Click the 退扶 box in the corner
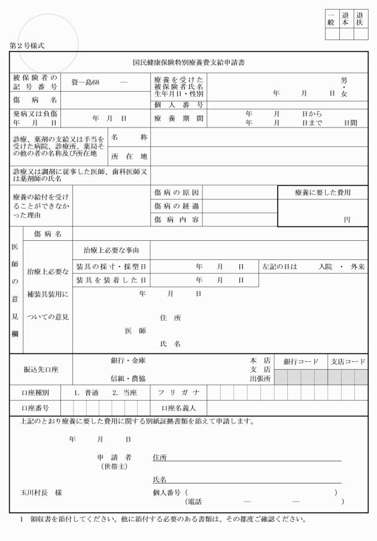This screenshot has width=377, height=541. pyautogui.click(x=360, y=19)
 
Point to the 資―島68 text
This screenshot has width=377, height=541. pyautogui.click(x=86, y=81)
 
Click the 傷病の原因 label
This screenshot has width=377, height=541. pyautogui.click(x=177, y=193)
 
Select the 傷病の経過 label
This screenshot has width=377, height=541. pyautogui.click(x=177, y=206)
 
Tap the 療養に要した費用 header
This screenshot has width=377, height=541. pyautogui.click(x=322, y=193)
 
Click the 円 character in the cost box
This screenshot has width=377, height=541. pyautogui.click(x=346, y=220)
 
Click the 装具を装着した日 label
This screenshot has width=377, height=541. pyautogui.click(x=112, y=280)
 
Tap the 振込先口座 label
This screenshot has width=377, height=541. pyautogui.click(x=41, y=371)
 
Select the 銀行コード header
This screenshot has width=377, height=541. pyautogui.click(x=301, y=362)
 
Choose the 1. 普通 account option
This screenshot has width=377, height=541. pyautogui.click(x=87, y=393)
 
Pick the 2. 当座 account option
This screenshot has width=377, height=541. pyautogui.click(x=125, y=393)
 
